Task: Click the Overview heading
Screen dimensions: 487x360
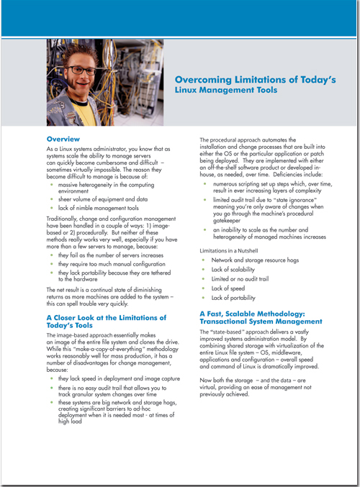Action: tap(64, 137)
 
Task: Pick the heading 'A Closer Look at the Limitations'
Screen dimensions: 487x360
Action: tap(106, 317)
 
